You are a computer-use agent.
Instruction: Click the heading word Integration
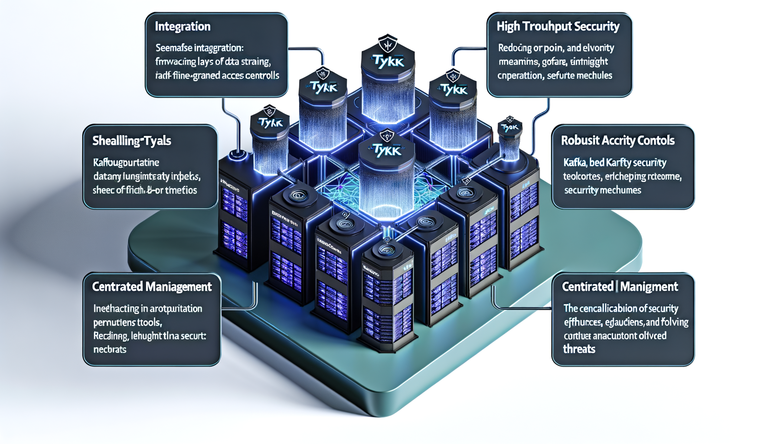pos(183,26)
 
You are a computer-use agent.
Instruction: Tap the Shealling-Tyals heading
pos(131,141)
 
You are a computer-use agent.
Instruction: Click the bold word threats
pos(579,349)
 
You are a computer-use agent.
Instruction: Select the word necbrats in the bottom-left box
pos(110,349)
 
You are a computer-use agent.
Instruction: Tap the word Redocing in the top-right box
pos(515,48)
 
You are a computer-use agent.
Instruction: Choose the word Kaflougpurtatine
pos(126,163)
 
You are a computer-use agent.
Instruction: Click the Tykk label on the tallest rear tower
pos(388,62)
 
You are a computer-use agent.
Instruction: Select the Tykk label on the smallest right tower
pos(510,127)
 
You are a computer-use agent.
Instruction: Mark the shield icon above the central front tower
pos(386,136)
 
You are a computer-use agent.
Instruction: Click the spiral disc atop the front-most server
pos(385,250)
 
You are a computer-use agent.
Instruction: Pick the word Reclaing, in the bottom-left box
pos(110,336)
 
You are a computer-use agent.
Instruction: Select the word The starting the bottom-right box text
pos(571,309)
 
